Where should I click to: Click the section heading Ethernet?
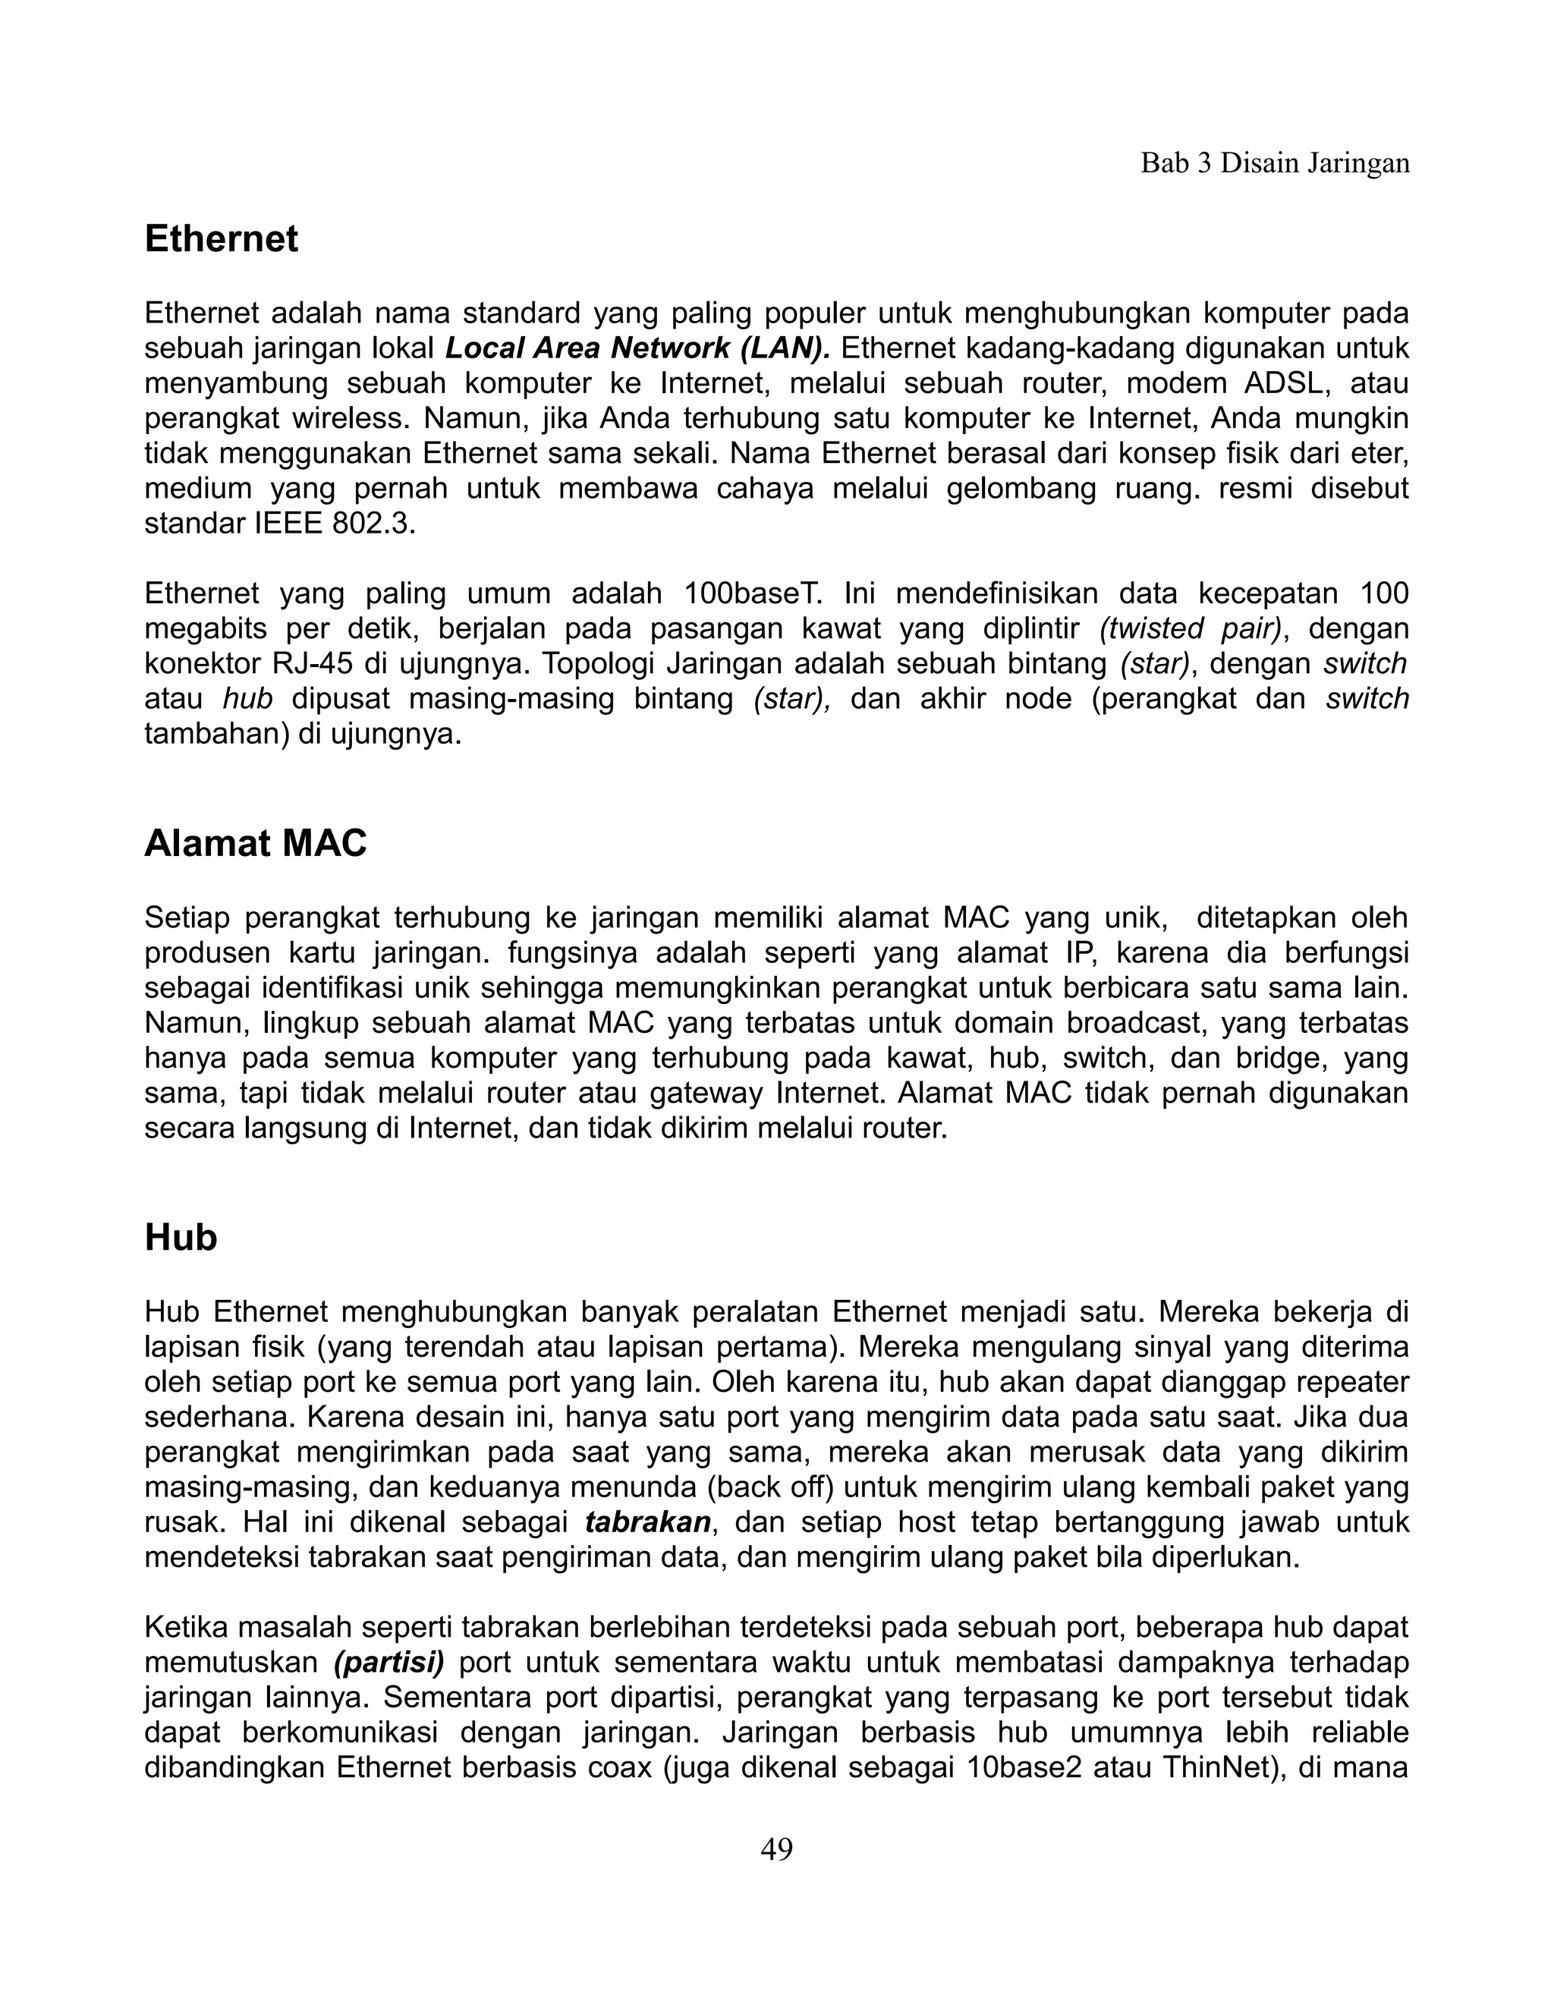pyautogui.click(x=221, y=239)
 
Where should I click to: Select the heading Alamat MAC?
pyautogui.click(x=255, y=843)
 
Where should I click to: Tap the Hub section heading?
pyautogui.click(x=181, y=1238)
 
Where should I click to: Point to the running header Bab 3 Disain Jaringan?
pyautogui.click(x=1275, y=163)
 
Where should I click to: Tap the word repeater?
pyautogui.click(x=1343, y=1383)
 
